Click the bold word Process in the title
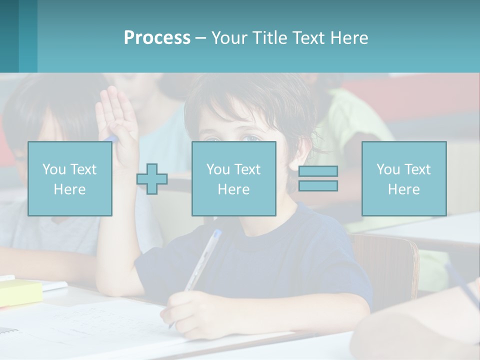pos(157,38)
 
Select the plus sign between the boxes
pos(152,179)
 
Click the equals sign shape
pos(318,178)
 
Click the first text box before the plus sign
pos(70,178)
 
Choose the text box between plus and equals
pos(233,178)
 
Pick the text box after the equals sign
pos(403,178)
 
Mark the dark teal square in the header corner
pos(9,36)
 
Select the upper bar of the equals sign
pos(318,171)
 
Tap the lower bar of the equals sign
pos(318,185)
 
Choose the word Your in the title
pos(228,38)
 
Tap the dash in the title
pos(201,38)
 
